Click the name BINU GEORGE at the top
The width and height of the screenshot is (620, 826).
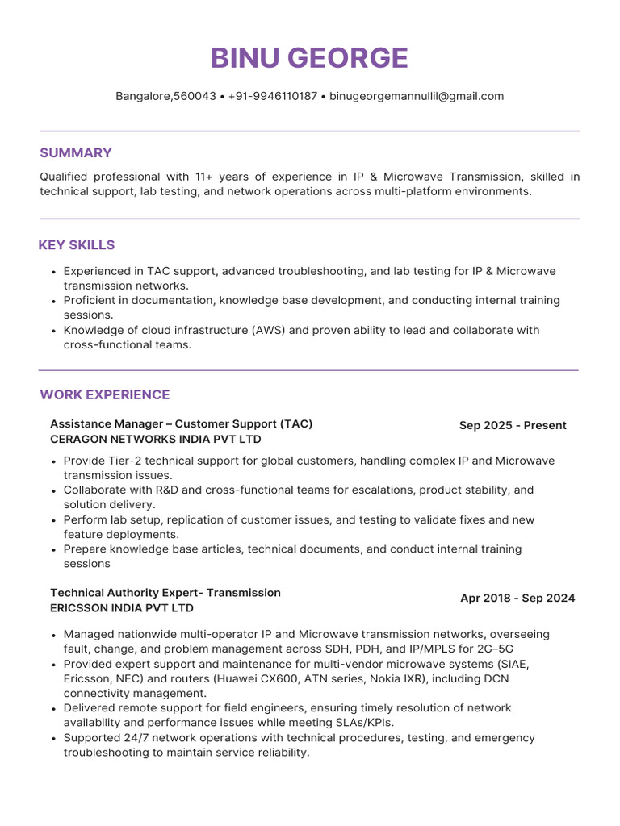coord(309,58)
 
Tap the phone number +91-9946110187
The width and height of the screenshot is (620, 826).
coord(273,96)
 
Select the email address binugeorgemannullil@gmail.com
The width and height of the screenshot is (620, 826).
coord(417,96)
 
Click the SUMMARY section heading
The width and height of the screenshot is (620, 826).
coord(76,153)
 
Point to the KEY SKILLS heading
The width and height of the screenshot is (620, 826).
coord(77,245)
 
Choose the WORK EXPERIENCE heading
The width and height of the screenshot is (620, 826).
coord(105,394)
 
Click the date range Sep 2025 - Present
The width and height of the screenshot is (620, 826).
coord(513,425)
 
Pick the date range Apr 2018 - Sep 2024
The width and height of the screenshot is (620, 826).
coord(517,599)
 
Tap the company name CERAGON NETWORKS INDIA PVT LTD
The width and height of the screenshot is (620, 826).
coord(156,440)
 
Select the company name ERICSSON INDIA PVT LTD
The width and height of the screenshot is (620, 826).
coord(122,608)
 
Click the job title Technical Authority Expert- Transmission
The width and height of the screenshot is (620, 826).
coord(165,593)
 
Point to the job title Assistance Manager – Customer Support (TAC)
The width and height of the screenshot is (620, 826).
coord(181,424)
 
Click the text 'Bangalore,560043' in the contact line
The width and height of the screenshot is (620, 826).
coord(165,96)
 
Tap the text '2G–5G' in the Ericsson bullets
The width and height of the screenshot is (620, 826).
coord(494,649)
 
